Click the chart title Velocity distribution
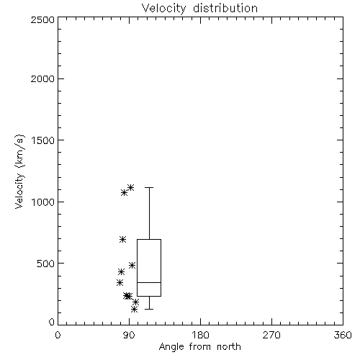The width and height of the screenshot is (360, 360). [199, 9]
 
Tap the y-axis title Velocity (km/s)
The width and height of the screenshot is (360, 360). [19, 171]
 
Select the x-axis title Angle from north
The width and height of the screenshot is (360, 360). [199, 347]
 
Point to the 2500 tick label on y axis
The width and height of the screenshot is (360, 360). [42, 19]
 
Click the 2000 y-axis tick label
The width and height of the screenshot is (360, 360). [42, 78]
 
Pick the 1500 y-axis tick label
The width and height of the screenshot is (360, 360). [43, 140]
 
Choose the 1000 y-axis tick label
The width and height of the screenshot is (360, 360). [43, 202]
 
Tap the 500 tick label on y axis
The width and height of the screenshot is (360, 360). [46, 264]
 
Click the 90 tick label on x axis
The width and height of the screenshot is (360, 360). [129, 335]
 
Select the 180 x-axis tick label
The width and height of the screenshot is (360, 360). [200, 335]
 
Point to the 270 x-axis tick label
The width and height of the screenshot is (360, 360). [271, 335]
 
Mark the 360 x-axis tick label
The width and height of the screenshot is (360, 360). [343, 335]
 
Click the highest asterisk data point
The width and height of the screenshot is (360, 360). [130, 187]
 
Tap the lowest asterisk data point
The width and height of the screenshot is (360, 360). [135, 310]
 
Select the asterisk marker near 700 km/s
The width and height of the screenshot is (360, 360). [123, 239]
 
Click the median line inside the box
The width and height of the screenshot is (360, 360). [149, 282]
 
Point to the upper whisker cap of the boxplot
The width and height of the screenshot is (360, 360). [149, 187]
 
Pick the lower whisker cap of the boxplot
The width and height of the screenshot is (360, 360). [149, 309]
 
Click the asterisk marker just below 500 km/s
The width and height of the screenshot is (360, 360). [132, 265]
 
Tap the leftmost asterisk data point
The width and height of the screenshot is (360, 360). [120, 283]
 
